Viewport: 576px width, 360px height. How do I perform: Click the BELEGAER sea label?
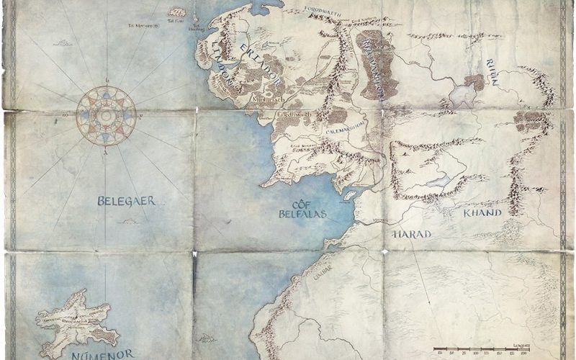click(x=126, y=202)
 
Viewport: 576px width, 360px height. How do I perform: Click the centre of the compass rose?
click(x=106, y=115)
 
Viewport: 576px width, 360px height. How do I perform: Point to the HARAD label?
click(x=411, y=235)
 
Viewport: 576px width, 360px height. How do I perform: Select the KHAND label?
click(x=482, y=213)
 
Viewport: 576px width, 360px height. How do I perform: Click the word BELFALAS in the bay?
click(x=302, y=214)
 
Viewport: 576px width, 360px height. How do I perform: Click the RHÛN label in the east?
click(x=493, y=72)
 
